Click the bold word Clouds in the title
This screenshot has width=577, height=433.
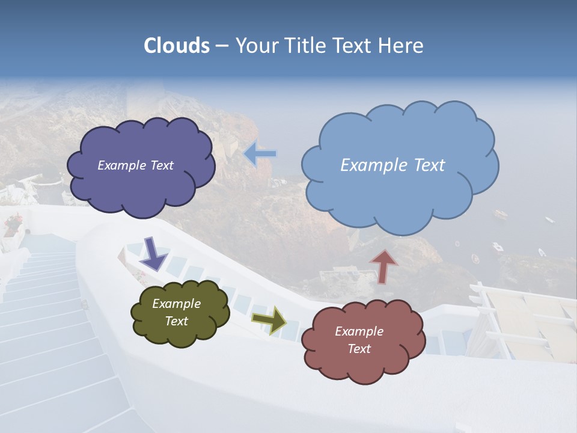[177, 46]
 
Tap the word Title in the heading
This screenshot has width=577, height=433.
[307, 46]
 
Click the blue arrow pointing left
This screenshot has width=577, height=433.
[260, 154]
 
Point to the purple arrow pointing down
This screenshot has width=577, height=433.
[153, 253]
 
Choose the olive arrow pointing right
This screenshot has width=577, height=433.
[269, 320]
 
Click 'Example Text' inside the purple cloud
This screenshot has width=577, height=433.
[135, 165]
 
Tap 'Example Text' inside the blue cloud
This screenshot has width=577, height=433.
[392, 165]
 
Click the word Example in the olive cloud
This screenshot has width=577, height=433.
[176, 304]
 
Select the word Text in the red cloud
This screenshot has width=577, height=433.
[359, 349]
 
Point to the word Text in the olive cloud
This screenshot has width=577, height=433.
[176, 321]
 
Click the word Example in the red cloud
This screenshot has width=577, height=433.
[359, 331]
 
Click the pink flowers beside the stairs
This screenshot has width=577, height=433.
[13, 224]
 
